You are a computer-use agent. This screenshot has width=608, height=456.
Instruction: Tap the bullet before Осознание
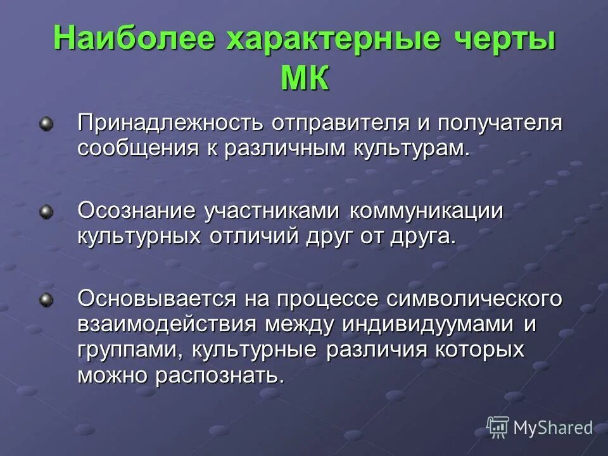46,212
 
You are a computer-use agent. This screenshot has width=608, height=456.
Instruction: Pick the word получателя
494,123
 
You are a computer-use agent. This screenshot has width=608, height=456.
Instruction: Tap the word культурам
412,149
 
